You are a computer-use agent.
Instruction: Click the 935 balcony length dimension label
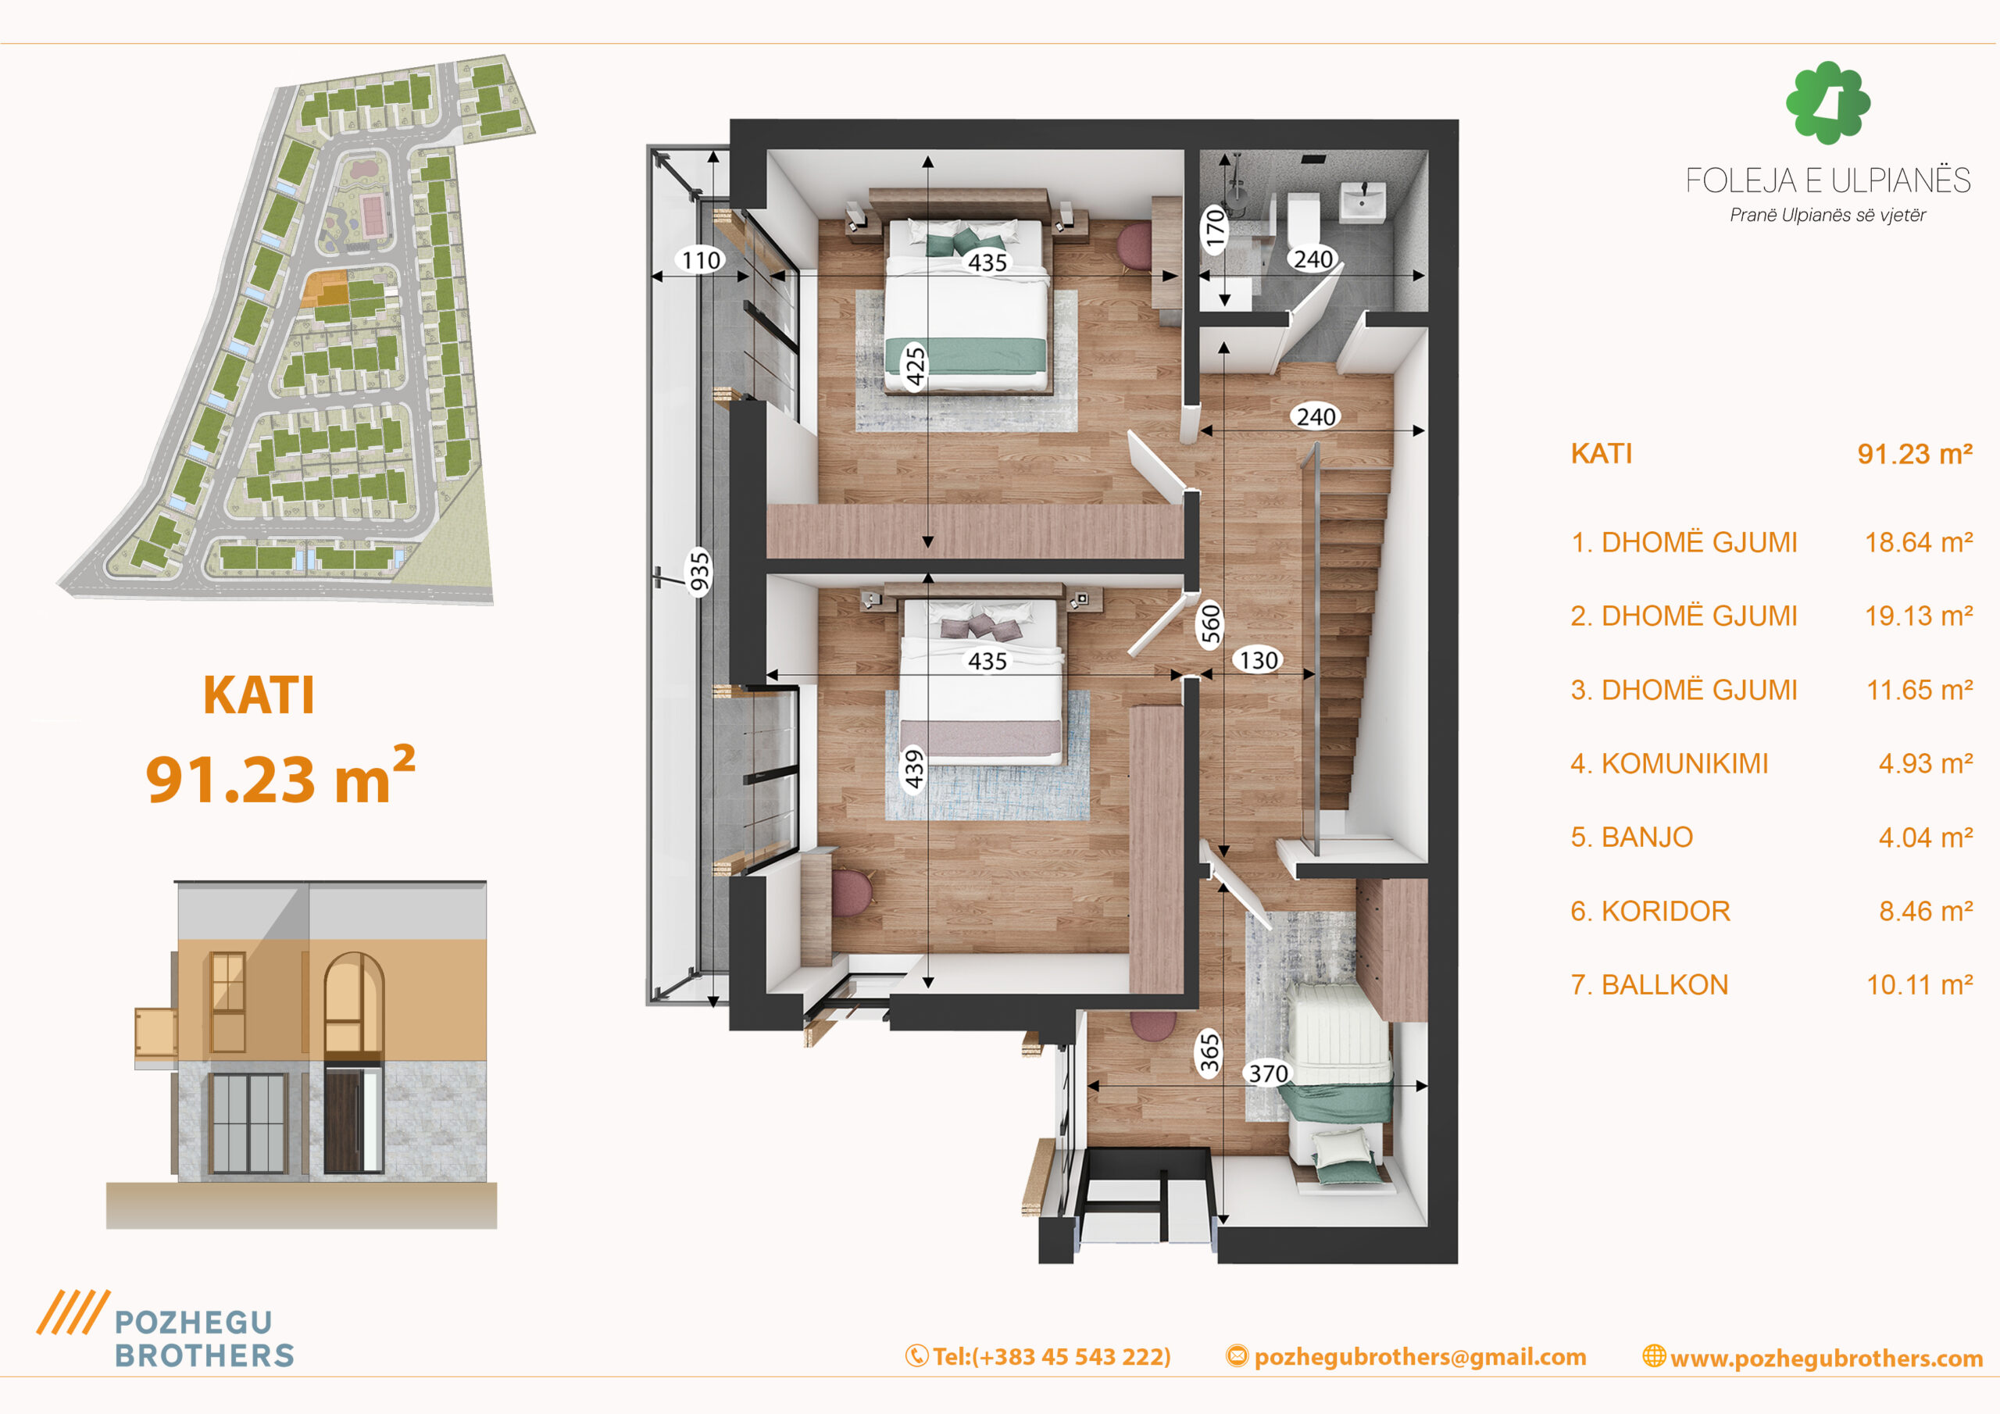click(x=699, y=572)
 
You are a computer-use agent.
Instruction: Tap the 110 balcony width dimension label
click(x=702, y=259)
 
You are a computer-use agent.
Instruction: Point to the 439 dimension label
click(x=913, y=769)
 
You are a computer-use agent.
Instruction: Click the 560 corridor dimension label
click(x=1211, y=623)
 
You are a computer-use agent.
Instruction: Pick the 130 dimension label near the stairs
click(x=1259, y=660)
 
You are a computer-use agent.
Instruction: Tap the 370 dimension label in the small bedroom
click(x=1268, y=1073)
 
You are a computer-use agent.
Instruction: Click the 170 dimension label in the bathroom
click(x=1214, y=229)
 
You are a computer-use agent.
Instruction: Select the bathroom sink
click(x=1362, y=202)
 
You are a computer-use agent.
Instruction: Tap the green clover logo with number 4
click(x=1827, y=102)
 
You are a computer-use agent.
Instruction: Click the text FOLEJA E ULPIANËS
click(x=1827, y=180)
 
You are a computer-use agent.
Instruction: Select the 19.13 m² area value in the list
click(x=1918, y=616)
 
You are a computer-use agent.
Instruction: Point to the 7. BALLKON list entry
click(x=1649, y=984)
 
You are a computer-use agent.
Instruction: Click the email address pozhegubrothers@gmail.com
click(x=1419, y=1356)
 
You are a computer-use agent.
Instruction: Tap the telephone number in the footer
click(x=1052, y=1356)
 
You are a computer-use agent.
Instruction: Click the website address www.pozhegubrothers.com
click(x=1826, y=1359)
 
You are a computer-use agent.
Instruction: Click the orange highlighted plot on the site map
click(x=325, y=288)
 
